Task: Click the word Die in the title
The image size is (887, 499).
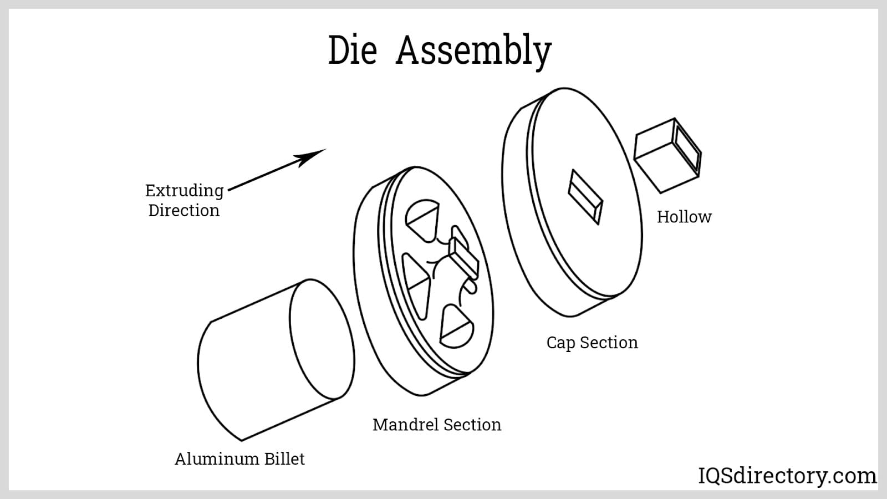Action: coord(353,50)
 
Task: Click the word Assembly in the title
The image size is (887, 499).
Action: coord(473,52)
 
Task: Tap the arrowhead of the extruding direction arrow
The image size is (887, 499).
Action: coord(313,157)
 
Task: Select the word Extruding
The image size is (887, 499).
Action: coord(185,191)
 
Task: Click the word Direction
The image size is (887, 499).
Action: coord(184,210)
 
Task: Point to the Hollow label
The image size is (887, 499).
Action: coord(684,217)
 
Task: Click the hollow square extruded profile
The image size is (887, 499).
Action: coord(667,155)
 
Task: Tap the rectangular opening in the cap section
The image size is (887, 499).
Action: coord(585,197)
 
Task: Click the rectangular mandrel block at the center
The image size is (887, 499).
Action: coord(464,258)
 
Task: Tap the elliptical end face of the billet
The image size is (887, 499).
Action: coord(322,339)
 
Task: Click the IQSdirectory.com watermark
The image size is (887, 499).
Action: coord(787,476)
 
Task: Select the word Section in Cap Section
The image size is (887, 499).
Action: coord(609,343)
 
